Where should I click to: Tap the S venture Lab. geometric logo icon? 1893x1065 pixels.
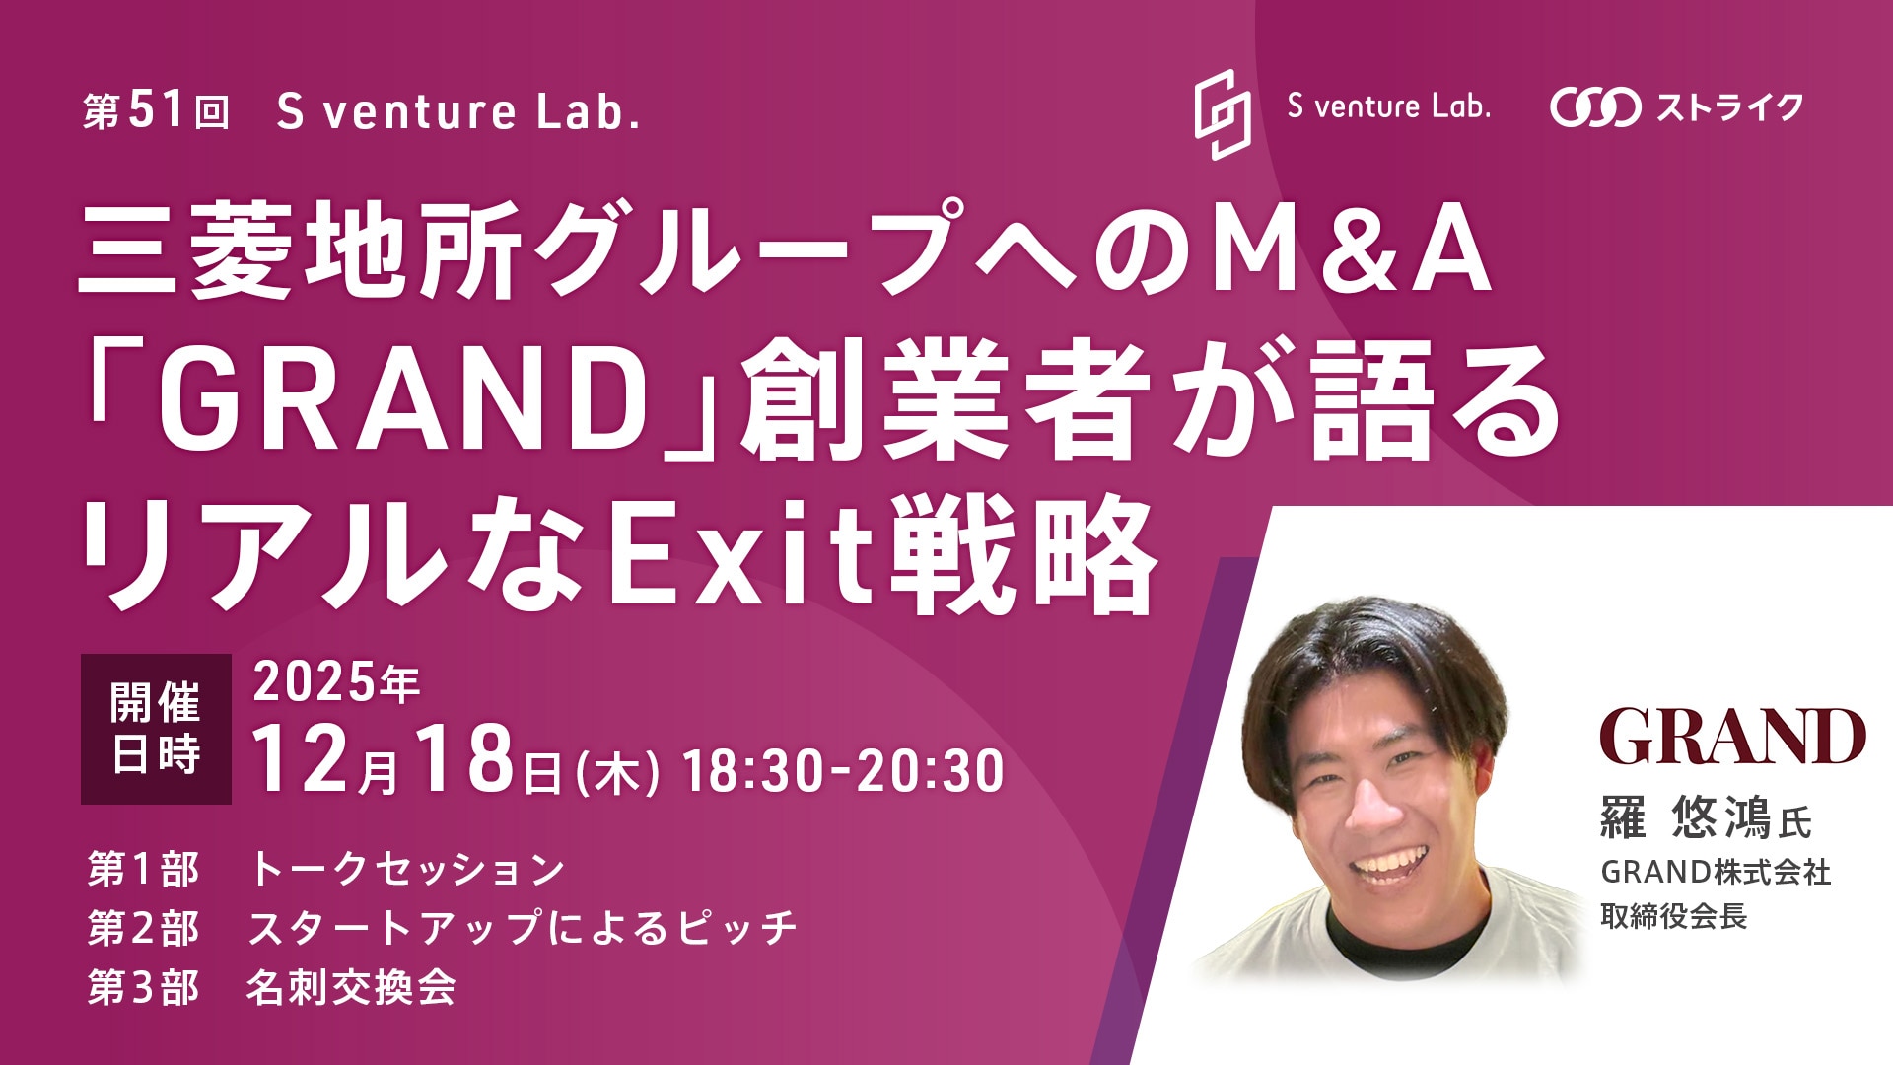coord(1223,114)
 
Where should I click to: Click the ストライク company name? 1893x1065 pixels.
coord(1730,107)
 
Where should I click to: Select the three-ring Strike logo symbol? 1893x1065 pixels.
coord(1595,107)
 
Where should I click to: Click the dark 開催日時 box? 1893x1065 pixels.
coord(156,729)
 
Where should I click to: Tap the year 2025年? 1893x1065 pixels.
coord(336,682)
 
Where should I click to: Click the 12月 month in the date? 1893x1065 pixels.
coord(326,760)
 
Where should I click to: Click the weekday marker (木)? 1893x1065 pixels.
coord(618,773)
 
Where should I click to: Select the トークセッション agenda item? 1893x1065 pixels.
coord(406,869)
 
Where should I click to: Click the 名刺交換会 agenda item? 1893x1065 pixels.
coord(351,987)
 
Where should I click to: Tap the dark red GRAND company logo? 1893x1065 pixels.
coord(1732,736)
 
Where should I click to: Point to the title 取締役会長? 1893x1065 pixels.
coord(1674,917)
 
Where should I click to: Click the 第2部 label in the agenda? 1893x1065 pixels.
coord(143,928)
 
